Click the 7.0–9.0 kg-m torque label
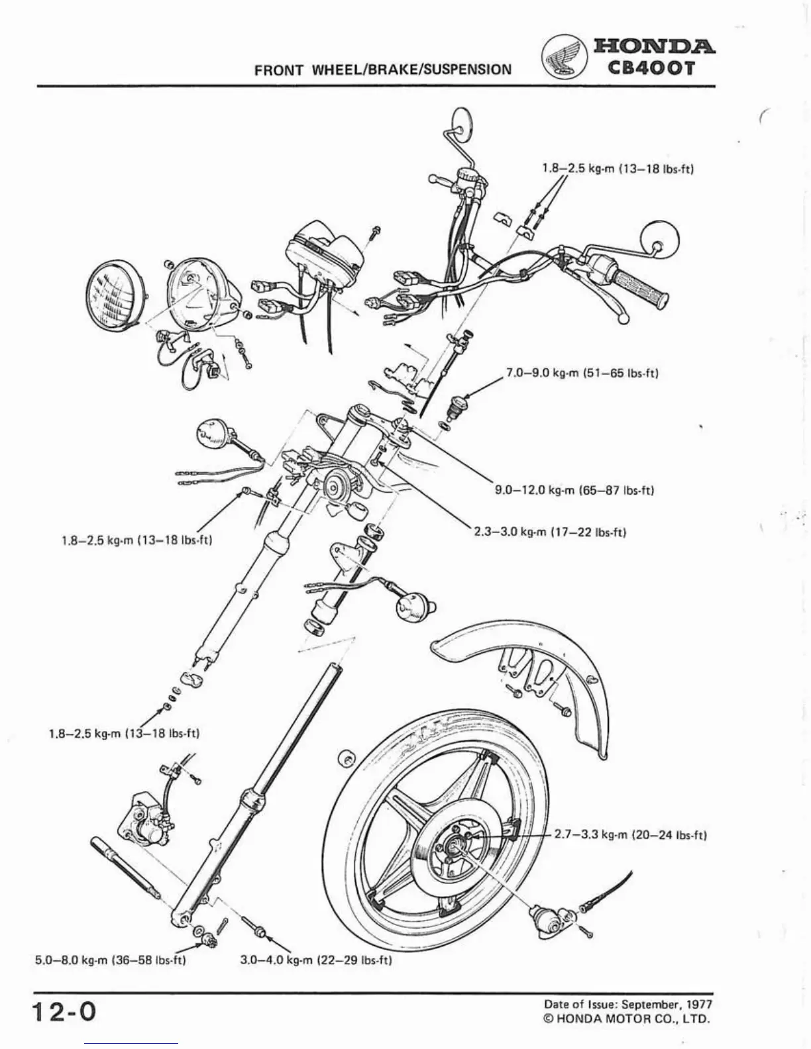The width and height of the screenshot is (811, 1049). (x=582, y=373)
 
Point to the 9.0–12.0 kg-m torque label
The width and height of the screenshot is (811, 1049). (x=574, y=491)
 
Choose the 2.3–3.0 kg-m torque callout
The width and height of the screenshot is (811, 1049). (x=550, y=532)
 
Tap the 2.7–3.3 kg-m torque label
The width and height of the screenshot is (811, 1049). (x=630, y=834)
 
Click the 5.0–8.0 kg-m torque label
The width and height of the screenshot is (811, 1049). (x=110, y=960)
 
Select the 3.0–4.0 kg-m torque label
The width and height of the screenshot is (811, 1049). (x=315, y=960)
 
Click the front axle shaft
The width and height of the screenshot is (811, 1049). (x=126, y=868)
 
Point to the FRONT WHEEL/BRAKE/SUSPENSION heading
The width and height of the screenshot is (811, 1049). (x=383, y=69)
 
